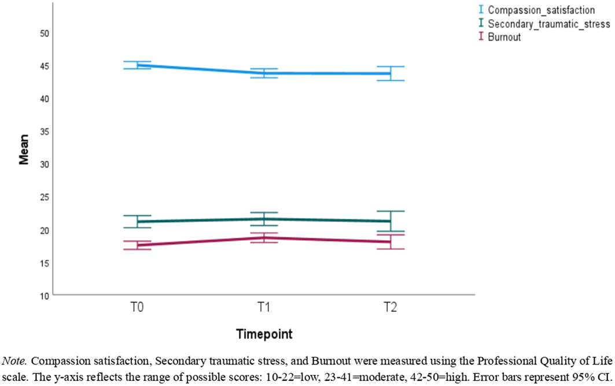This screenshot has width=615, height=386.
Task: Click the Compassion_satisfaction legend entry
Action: pyautogui.click(x=541, y=10)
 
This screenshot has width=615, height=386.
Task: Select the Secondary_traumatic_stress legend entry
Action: pyautogui.click(x=548, y=24)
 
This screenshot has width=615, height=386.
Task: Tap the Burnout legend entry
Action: pyautogui.click(x=504, y=37)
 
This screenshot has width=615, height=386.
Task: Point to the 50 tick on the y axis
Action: pyautogui.click(x=43, y=33)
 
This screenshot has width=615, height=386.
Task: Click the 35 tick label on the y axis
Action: pyautogui.click(x=43, y=131)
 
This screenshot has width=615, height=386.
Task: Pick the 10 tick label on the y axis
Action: pyautogui.click(x=43, y=296)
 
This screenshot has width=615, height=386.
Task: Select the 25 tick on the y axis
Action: pyautogui.click(x=43, y=197)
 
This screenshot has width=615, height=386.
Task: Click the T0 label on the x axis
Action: pyautogui.click(x=137, y=308)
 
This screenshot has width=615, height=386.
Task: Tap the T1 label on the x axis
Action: pyautogui.click(x=264, y=308)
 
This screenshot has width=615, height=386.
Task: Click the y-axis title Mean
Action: pyautogui.click(x=24, y=152)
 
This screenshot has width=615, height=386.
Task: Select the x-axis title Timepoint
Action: pyautogui.click(x=263, y=334)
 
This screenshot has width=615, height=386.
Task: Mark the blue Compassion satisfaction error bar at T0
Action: pyautogui.click(x=137, y=65)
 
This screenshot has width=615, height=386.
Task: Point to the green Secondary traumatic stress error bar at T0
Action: pyautogui.click(x=137, y=221)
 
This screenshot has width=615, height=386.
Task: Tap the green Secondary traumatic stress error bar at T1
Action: pyautogui.click(x=264, y=219)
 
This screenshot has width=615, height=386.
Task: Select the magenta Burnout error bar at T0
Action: pyautogui.click(x=137, y=245)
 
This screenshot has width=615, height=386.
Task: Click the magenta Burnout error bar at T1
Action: pyautogui.click(x=264, y=238)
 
